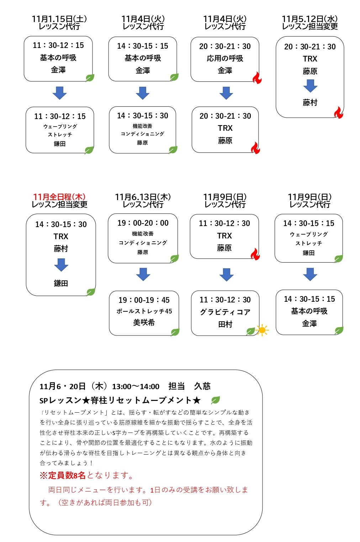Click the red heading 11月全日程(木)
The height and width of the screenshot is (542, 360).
[59, 197]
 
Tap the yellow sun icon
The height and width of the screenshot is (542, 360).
[262, 330]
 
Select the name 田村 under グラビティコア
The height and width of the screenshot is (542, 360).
[225, 324]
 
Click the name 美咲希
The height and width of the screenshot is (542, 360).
[144, 322]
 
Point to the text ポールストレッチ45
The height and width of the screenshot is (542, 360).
[144, 311]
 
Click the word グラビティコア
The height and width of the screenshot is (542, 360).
[225, 312]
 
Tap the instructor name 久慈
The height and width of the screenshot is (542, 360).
[202, 386]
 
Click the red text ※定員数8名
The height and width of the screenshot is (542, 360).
[63, 475]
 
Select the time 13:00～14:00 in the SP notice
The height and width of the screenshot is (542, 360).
[136, 387]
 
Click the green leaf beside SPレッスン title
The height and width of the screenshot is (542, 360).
[215, 400]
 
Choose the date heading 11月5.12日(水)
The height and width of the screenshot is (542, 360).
[310, 19]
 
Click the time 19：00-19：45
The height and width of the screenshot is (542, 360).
[144, 300]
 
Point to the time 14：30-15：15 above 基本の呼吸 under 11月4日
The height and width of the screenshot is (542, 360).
[143, 46]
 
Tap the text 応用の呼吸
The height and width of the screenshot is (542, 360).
[225, 58]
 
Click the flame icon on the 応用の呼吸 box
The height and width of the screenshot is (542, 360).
[257, 78]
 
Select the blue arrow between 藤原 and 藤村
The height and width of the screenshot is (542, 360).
[310, 86]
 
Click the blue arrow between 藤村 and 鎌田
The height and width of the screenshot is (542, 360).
[61, 265]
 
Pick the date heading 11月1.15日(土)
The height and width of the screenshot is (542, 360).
[59, 19]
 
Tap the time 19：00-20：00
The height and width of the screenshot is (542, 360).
[143, 223]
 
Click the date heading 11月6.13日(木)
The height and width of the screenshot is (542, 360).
[143, 197]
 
